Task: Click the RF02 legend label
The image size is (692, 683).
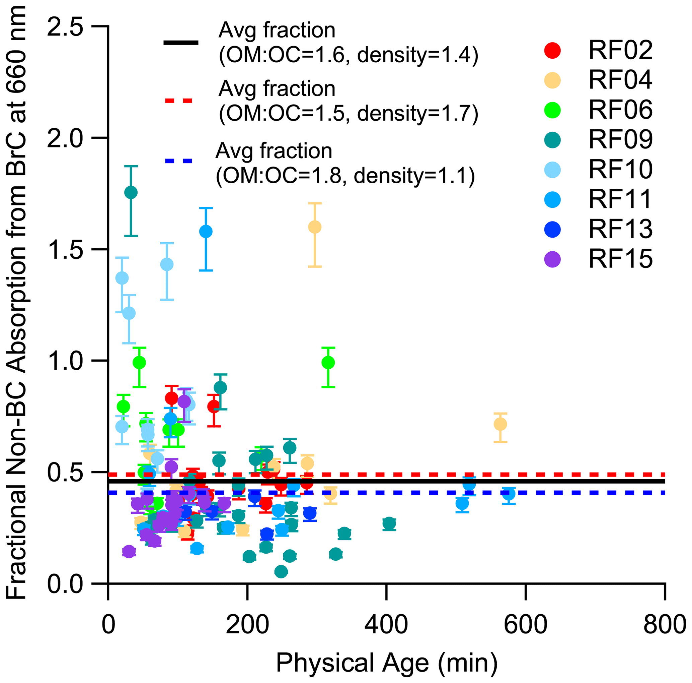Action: pyautogui.click(x=620, y=50)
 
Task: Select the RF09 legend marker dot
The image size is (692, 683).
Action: pyautogui.click(x=553, y=140)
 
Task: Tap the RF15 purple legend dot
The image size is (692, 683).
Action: pyautogui.click(x=553, y=259)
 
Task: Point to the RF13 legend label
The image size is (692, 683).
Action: pyautogui.click(x=620, y=230)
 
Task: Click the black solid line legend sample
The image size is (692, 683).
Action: pyautogui.click(x=180, y=43)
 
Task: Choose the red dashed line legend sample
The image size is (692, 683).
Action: pyautogui.click(x=179, y=101)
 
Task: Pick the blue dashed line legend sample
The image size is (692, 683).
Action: pyautogui.click(x=179, y=161)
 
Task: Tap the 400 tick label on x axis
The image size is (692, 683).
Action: pyautogui.click(x=386, y=625)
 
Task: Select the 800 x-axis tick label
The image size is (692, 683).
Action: pyautogui.click(x=665, y=625)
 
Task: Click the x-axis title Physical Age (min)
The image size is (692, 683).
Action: pyautogui.click(x=387, y=663)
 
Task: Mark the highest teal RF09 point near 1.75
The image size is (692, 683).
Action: pyautogui.click(x=131, y=192)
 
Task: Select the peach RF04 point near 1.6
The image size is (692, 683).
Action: pyautogui.click(x=315, y=227)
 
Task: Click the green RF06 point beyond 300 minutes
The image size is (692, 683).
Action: pyautogui.click(x=328, y=363)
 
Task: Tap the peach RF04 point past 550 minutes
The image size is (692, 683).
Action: pyautogui.click(x=501, y=425)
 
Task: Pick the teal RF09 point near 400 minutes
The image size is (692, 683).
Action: pyautogui.click(x=389, y=524)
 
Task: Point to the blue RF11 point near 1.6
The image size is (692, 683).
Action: pyautogui.click(x=206, y=231)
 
